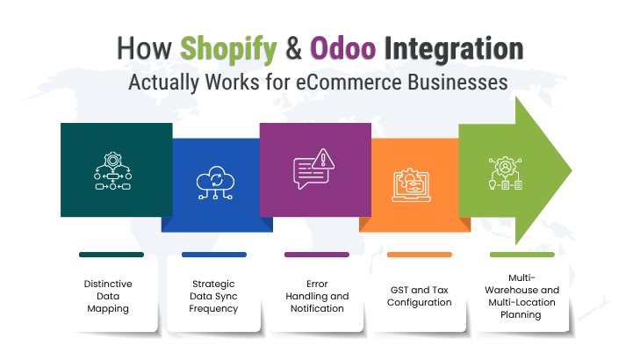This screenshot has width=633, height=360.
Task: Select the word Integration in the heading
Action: pos(466,48)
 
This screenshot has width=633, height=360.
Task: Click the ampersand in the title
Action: pos(297,48)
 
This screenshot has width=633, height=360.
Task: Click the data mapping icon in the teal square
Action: pos(111,170)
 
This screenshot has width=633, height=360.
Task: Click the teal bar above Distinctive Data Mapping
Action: pos(111,255)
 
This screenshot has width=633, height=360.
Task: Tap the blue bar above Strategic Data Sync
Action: pos(213,255)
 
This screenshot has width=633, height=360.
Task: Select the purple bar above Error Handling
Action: pos(316,255)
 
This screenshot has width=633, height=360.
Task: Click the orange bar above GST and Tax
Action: pos(419,255)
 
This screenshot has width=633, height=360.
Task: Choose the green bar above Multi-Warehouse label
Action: pos(522,255)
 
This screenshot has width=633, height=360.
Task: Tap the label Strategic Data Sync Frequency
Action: pos(213,296)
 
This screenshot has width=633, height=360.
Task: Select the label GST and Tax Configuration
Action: pos(419,296)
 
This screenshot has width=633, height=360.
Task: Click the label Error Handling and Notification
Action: pos(316,296)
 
